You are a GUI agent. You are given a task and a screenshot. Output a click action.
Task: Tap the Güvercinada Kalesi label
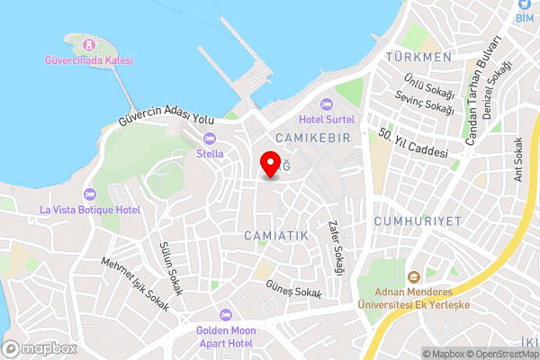[x=89, y=60]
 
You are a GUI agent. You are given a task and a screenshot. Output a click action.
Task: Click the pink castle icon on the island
[x=88, y=44]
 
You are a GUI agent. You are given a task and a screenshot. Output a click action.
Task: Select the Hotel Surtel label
[x=327, y=119]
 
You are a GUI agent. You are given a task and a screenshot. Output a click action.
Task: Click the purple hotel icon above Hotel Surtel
[x=327, y=103]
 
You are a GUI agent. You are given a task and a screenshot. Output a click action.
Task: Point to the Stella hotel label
[x=210, y=154]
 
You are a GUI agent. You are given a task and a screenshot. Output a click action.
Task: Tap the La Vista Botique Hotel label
[x=90, y=210]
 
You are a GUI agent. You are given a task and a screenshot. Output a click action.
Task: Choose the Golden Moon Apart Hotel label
[x=226, y=337]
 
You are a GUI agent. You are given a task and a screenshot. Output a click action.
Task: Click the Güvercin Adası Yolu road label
[x=167, y=119]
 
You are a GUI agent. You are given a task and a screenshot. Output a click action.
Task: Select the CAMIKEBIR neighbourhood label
[x=310, y=136]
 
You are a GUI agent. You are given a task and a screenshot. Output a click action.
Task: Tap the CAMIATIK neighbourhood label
[x=276, y=235]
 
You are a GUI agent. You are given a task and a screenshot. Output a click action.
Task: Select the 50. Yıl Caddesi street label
[x=413, y=143]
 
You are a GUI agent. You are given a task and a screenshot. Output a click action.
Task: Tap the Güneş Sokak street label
[x=292, y=289]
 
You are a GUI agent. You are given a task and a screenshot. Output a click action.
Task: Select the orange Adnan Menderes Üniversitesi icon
[x=414, y=277]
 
